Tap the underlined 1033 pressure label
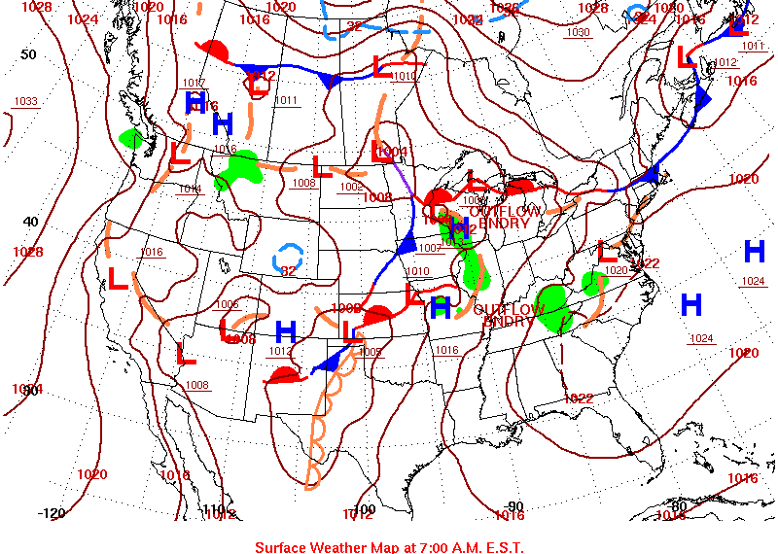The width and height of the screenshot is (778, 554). [x=26, y=102]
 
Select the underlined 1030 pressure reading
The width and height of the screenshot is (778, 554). [x=578, y=32]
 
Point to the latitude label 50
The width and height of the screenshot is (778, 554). [x=28, y=54]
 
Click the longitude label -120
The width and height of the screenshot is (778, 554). [x=51, y=513]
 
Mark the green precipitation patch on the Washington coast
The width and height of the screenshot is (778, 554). [x=129, y=139]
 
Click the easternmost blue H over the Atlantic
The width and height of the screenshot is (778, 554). [x=754, y=252]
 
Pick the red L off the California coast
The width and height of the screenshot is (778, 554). [x=117, y=280]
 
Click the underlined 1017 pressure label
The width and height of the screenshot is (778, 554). [x=194, y=83]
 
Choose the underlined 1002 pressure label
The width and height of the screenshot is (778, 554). [x=351, y=187]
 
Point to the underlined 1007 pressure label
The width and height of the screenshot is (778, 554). [x=430, y=248]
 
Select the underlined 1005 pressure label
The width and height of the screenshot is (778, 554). [x=370, y=352]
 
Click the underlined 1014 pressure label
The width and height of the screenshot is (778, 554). [x=190, y=189]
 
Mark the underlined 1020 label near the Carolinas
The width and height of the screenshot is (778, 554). [x=616, y=270]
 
